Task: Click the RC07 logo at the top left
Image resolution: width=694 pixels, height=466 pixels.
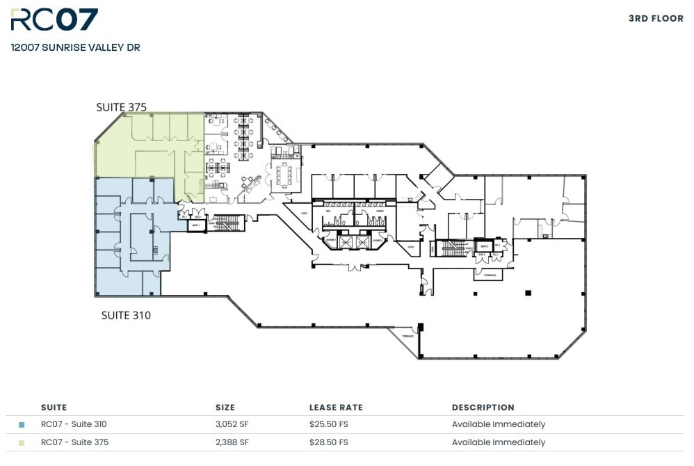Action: (x=54, y=20)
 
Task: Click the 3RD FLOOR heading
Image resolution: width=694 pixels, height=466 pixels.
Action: (x=656, y=19)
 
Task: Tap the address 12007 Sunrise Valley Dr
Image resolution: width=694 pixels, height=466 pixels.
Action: (x=75, y=48)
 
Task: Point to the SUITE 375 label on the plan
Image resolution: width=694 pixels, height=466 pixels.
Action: (x=121, y=107)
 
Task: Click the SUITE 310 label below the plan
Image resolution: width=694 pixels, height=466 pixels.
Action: (x=126, y=315)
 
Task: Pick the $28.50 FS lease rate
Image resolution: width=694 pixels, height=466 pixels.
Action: (x=328, y=442)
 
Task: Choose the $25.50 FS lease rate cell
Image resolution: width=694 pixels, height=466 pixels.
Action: (x=328, y=424)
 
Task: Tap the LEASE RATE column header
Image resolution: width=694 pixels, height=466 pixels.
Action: (x=336, y=408)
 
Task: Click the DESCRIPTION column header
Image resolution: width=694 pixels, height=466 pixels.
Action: (x=483, y=408)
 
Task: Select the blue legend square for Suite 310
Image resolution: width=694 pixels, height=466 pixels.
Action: (x=22, y=424)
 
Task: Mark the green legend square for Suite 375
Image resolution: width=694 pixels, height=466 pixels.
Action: (x=22, y=442)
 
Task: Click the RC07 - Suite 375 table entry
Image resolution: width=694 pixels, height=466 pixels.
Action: (x=74, y=442)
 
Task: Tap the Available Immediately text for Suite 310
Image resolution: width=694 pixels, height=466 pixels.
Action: (x=498, y=424)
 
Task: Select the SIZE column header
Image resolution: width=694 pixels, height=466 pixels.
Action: (x=225, y=408)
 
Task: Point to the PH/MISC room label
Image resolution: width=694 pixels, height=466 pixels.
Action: (x=489, y=275)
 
